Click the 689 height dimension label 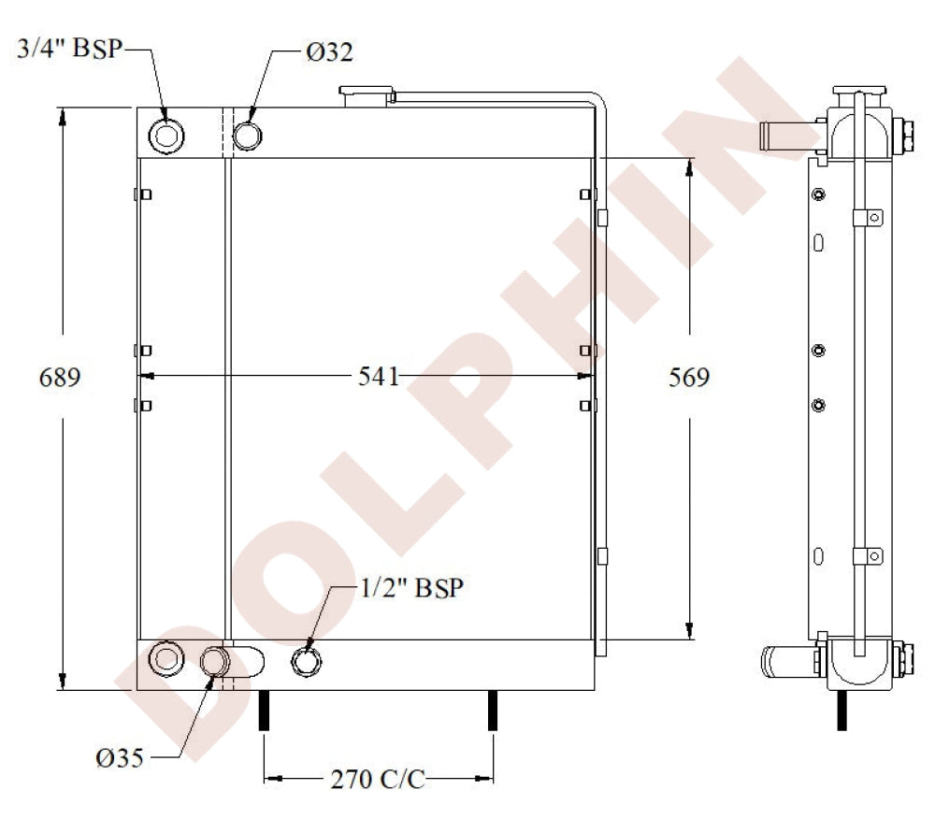coord(60,377)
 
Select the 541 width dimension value coord(379,377)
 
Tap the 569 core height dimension coord(689,377)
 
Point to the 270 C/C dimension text coord(378,779)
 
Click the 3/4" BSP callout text coord(70,49)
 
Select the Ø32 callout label coord(329,52)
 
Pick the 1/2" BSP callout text coord(412,589)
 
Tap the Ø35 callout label coord(120,757)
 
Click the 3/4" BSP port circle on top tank coord(167,136)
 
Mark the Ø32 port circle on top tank coord(248,136)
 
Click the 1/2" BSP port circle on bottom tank coord(307,662)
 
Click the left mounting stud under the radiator coord(264,711)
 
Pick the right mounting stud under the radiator coord(493,711)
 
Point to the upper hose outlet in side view coord(787,136)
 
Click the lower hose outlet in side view coord(787,661)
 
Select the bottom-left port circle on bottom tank coord(167,658)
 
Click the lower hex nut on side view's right coord(904,660)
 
